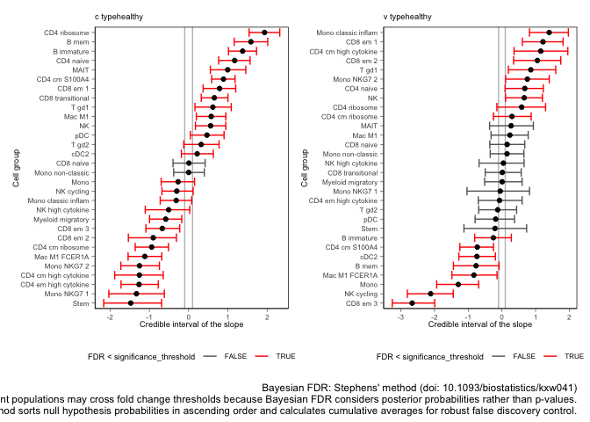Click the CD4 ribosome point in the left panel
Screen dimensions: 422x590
[x=264, y=33]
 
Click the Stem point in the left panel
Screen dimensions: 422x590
[x=131, y=302]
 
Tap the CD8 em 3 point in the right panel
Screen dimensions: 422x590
[x=412, y=302]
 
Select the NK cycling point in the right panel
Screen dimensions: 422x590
[x=430, y=294]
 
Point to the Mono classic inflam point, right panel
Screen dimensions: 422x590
[x=549, y=33]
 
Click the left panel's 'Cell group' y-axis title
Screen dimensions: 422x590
[x=16, y=168]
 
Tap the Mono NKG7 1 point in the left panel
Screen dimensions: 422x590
[x=136, y=293]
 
